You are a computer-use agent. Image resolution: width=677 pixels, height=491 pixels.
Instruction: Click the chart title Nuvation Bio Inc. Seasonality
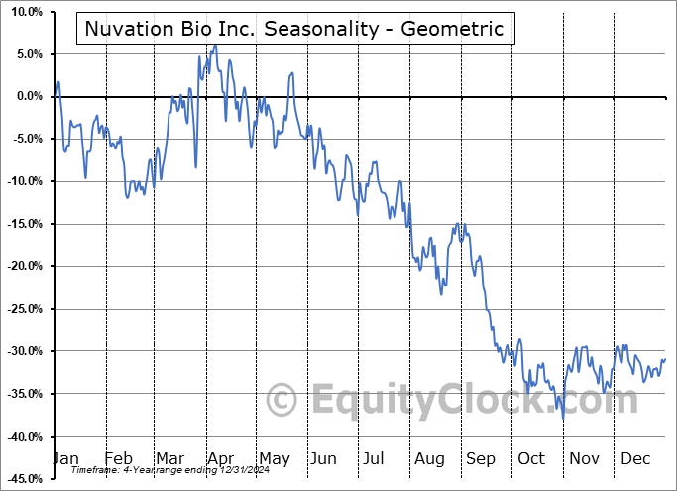[x=294, y=29]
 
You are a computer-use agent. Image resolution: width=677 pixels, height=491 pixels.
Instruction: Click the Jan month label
[x=66, y=459]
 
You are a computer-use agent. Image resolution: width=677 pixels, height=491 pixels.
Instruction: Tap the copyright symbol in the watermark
[x=283, y=401]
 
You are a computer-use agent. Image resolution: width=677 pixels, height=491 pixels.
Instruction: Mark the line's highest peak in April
[x=215, y=45]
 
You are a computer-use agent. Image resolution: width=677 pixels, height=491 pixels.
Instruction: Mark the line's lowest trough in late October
[x=563, y=419]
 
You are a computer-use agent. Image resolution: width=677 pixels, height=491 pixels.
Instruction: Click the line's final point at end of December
[x=665, y=359]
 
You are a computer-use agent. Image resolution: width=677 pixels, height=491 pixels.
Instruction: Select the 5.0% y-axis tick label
[x=26, y=54]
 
